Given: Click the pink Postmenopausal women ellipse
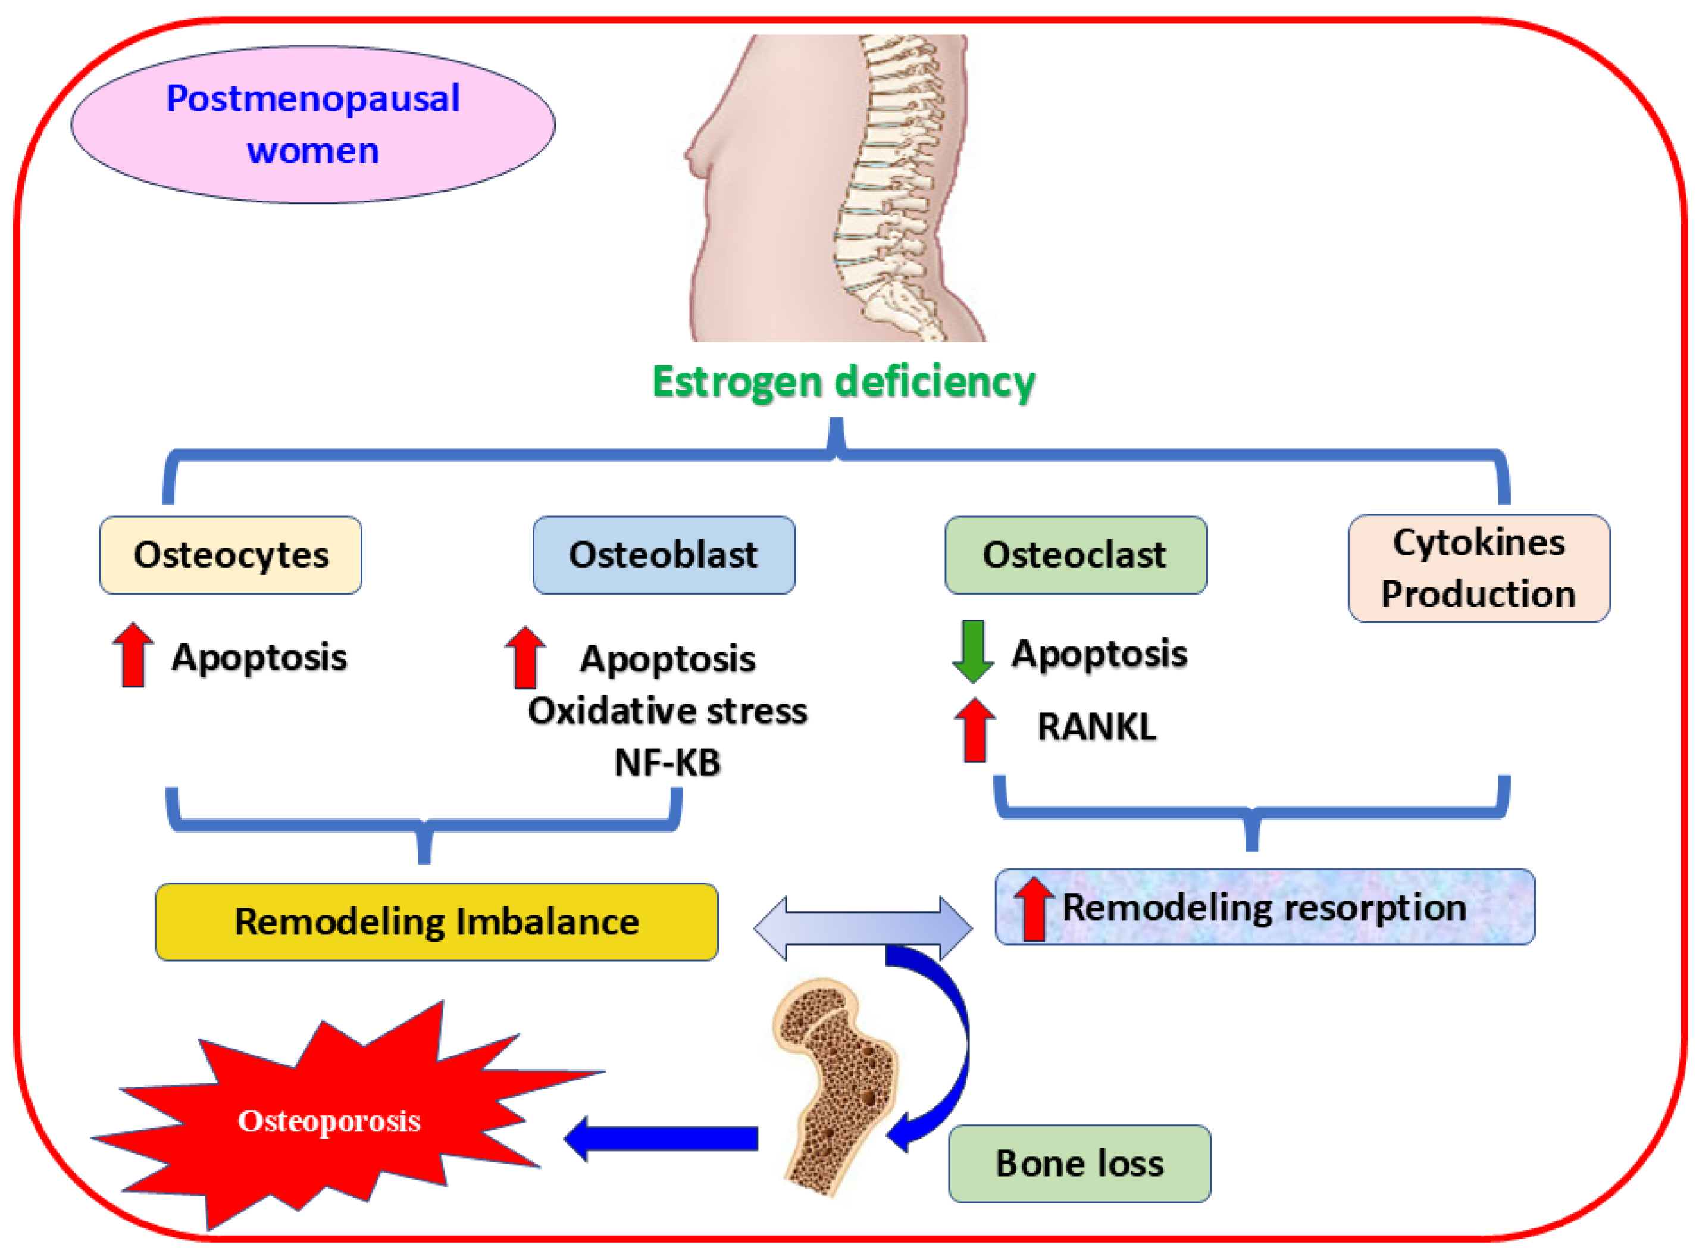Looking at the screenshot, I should pos(312,124).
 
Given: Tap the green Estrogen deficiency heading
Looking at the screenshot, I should pos(843,382).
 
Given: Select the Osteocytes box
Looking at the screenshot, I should pos(230,555).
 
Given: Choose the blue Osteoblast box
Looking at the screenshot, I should pos(664,555).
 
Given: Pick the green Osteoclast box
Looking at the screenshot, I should pos(1075,555).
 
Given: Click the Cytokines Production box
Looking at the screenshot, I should pos(1478,569).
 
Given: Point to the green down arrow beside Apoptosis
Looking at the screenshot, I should pos(973,651).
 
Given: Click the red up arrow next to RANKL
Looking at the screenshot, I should pos(975,731).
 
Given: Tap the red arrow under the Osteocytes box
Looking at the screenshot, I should pos(133,655).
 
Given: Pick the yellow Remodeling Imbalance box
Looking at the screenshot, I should pos(436,922).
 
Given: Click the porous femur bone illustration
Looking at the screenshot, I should pos(835,1083).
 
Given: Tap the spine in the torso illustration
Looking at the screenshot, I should pos(885,183).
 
